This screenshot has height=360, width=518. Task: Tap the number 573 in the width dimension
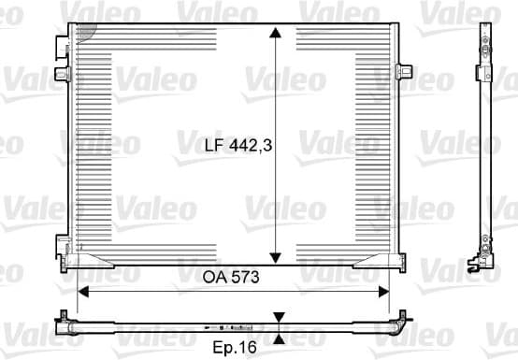click(242, 278)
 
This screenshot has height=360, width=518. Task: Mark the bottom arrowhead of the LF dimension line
click(275, 259)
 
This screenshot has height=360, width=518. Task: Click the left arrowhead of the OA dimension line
click(82, 291)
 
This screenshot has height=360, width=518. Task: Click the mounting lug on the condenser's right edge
click(404, 71)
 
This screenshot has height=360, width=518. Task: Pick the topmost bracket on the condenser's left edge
click(62, 44)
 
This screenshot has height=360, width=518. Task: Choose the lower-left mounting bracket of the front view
click(63, 246)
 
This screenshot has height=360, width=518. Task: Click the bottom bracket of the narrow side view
click(486, 251)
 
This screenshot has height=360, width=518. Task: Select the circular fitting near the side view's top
click(485, 45)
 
